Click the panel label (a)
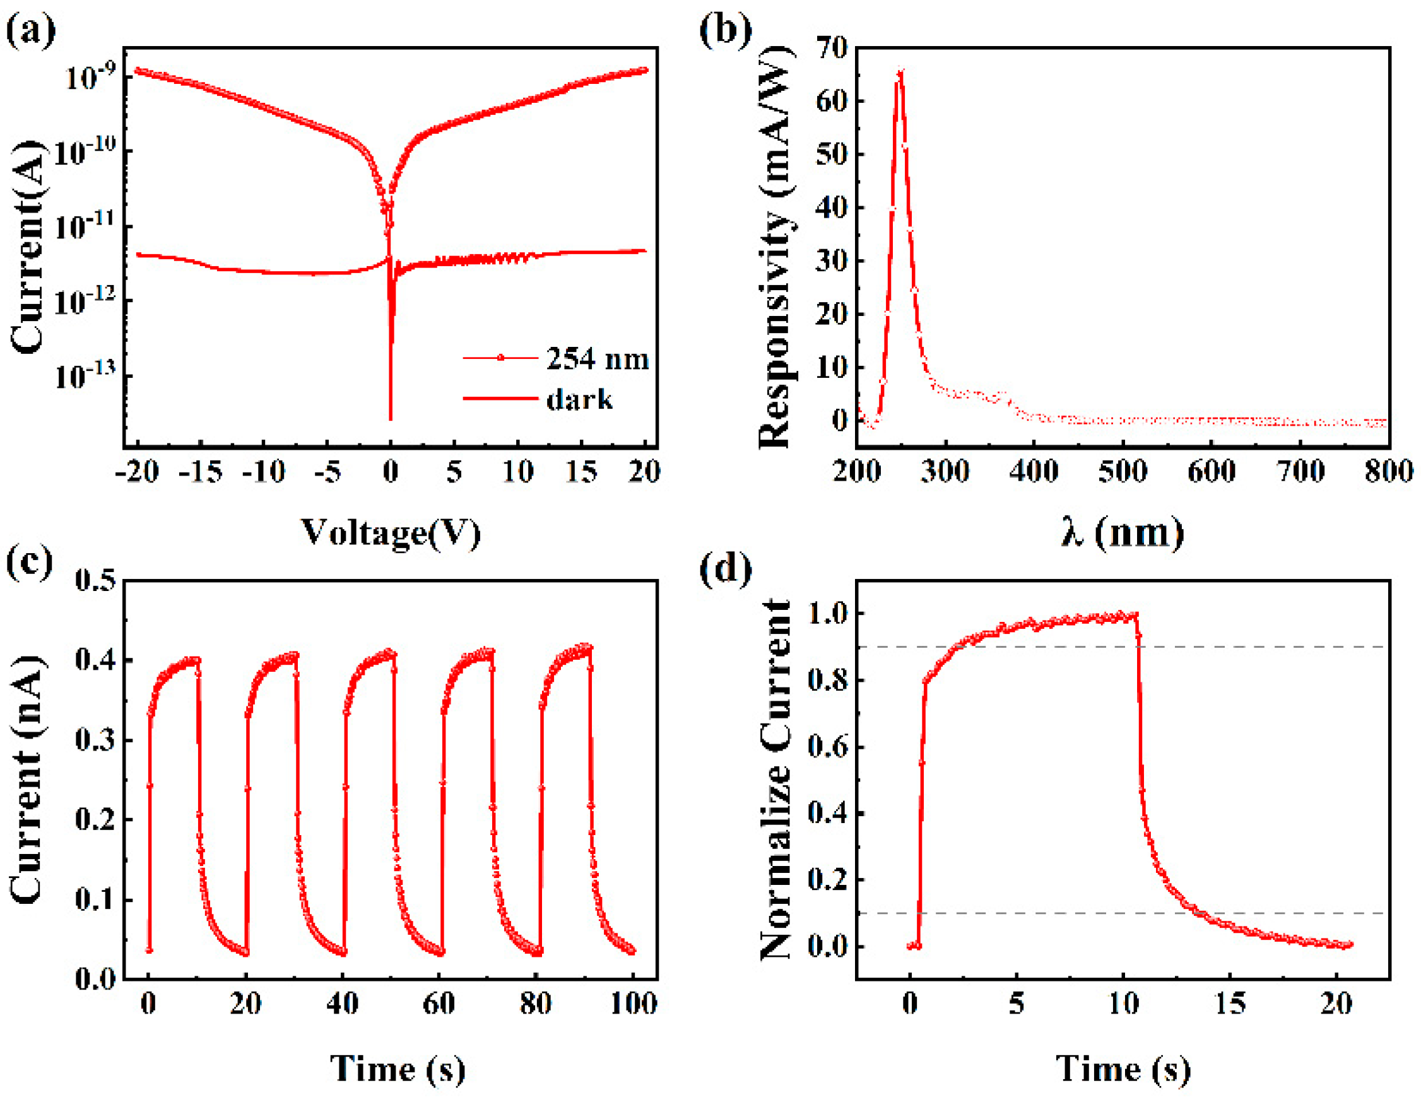(x=30, y=30)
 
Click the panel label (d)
(x=726, y=568)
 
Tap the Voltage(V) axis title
(x=391, y=534)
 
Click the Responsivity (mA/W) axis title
(x=776, y=247)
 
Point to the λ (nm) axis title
(x=1123, y=534)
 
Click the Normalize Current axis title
(x=776, y=781)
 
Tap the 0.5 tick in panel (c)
(x=95, y=580)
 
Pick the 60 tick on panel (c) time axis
(x=439, y=1004)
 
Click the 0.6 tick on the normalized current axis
(x=827, y=747)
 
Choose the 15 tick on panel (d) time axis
(x=1230, y=1004)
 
